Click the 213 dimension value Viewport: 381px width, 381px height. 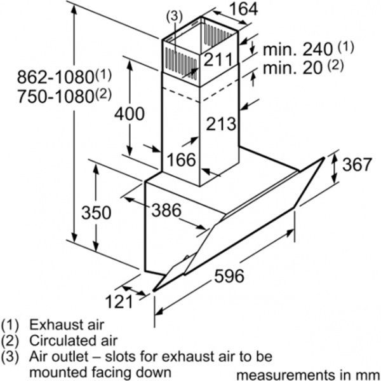(x=221, y=123)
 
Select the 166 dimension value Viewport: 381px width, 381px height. (x=182, y=159)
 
